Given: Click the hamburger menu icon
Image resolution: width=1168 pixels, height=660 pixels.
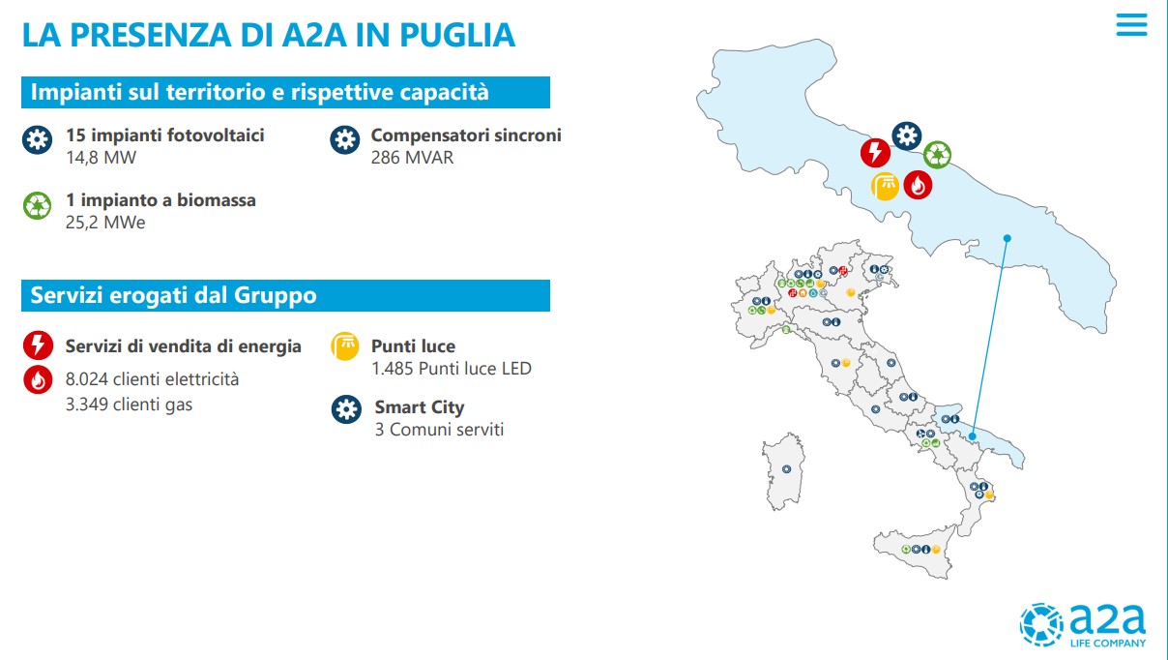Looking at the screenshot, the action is [1131, 24].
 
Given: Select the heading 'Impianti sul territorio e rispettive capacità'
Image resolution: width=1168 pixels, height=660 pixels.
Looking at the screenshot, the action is [260, 92].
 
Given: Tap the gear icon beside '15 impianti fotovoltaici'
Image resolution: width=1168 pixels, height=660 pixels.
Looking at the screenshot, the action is [37, 139].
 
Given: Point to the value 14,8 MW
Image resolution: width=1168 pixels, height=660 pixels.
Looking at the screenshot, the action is [101, 158].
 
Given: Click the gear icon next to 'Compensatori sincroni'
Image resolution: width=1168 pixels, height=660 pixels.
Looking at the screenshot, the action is [344, 139].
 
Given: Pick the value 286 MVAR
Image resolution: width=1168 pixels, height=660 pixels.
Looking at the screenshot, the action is [412, 158].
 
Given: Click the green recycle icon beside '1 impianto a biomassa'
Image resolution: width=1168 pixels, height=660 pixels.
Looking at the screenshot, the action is [37, 205].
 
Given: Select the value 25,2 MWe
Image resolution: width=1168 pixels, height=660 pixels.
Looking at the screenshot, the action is [105, 223].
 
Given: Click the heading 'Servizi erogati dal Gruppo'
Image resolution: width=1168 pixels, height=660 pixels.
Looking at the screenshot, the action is [173, 295].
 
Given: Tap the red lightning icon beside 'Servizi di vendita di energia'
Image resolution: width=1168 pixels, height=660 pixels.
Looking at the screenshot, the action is [38, 345].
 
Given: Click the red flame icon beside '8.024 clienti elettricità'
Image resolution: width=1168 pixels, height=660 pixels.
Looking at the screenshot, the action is [38, 379].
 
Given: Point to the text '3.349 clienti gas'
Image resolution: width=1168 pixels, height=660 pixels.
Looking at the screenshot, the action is [129, 405].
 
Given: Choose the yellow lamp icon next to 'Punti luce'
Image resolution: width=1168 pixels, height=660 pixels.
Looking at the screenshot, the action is [344, 345].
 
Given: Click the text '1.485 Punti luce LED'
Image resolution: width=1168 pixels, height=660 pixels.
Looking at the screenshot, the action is [452, 369].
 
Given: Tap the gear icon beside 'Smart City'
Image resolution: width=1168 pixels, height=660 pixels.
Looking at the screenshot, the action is [346, 409].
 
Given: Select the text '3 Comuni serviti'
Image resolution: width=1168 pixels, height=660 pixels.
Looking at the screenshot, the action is [439, 430].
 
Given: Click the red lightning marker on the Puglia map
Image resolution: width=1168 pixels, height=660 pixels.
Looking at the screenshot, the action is [875, 152].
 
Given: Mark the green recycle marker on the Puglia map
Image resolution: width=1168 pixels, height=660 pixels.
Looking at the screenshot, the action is [937, 155].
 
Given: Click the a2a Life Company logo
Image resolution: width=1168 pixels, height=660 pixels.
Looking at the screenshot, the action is [1083, 625].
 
